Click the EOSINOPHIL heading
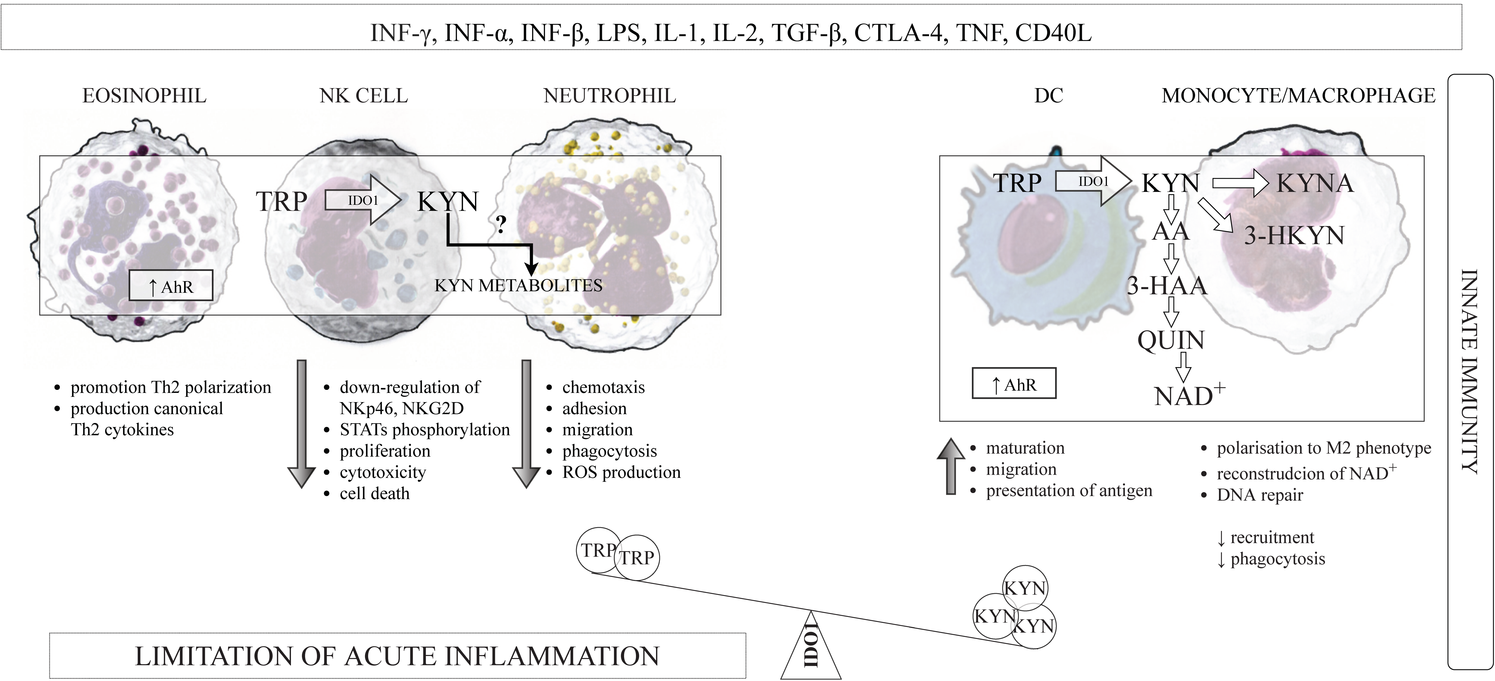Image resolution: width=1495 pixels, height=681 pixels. tap(145, 96)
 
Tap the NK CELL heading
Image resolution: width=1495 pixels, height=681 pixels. tap(364, 96)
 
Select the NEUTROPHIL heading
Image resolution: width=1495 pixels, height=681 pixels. tap(609, 96)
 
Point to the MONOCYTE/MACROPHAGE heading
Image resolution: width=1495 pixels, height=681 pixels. tap(1298, 96)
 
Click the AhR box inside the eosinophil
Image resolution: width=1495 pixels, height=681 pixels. tap(171, 286)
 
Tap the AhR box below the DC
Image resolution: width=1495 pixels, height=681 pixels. tap(1014, 384)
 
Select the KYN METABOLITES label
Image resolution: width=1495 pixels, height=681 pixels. tap(518, 286)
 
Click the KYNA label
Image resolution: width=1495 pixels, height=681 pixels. tap(1315, 183)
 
